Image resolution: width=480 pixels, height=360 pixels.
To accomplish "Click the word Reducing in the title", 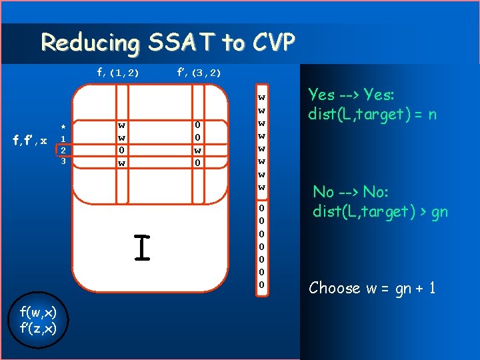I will pos(89,43).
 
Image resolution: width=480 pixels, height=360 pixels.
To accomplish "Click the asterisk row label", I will pos(63,127).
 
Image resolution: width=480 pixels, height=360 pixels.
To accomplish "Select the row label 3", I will pos(63,162).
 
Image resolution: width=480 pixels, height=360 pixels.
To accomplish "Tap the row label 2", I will pos(63,151).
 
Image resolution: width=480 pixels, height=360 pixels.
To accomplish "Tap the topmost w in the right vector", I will pos(262,97).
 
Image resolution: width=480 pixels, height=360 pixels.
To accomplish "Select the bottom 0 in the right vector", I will pos(262,285).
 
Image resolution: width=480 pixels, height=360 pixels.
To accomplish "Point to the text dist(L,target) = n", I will pos(372,114).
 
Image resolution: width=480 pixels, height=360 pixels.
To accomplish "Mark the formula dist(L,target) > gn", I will pos(380,211).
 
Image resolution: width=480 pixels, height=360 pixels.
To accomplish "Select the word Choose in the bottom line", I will pos(335,288).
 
